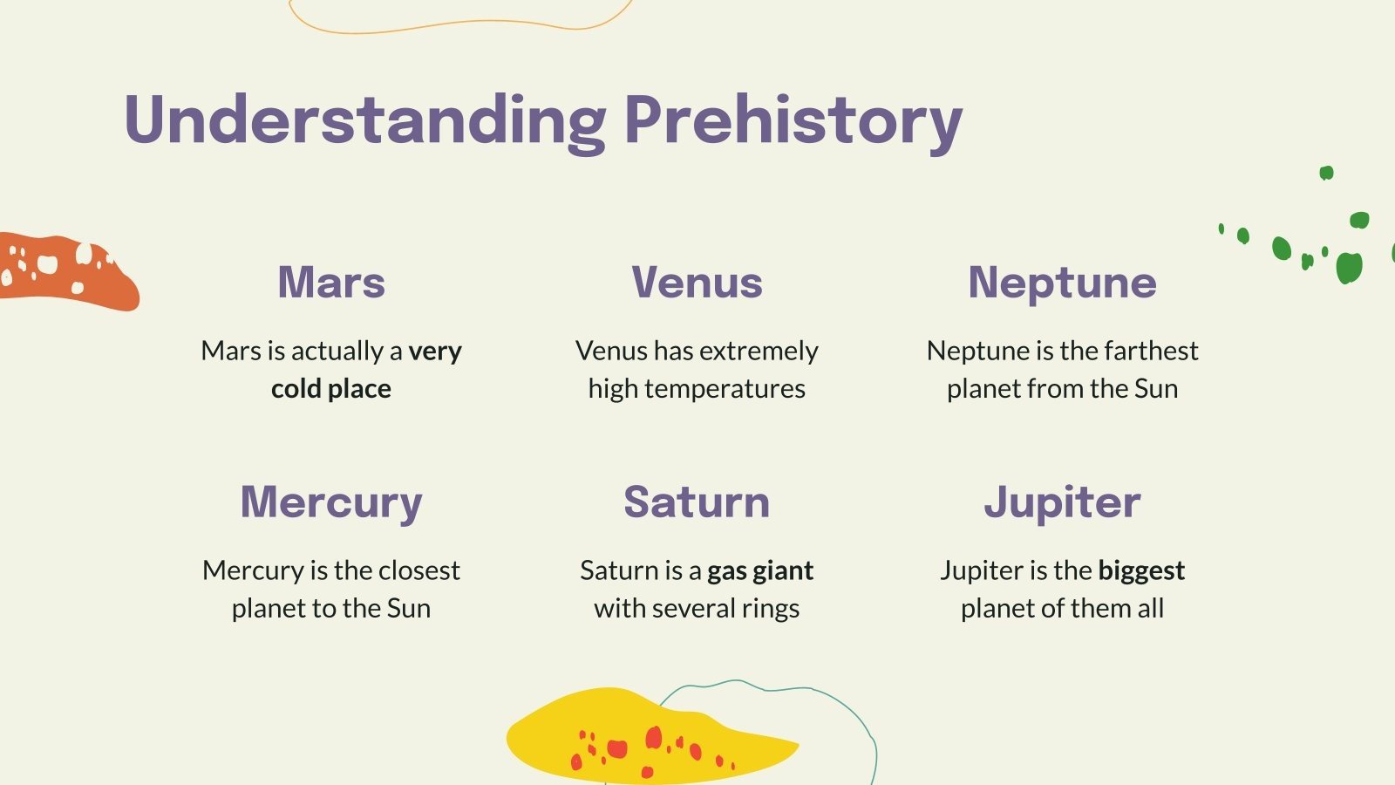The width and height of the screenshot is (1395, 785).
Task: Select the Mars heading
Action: point(331,283)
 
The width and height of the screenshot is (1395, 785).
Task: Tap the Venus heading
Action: point(697,283)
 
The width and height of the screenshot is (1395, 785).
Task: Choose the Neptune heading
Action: point(1062,283)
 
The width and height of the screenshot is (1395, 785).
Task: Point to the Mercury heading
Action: point(331,502)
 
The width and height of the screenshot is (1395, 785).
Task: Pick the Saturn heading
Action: point(697,502)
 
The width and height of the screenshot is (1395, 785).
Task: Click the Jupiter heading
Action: point(1062,502)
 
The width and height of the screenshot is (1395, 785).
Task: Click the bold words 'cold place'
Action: point(331,389)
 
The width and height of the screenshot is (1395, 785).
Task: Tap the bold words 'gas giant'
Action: point(759,570)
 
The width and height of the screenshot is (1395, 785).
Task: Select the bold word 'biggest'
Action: point(1140,570)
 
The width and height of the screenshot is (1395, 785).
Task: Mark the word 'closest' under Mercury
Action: point(419,570)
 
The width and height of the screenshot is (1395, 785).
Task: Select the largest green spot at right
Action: point(1348,267)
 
